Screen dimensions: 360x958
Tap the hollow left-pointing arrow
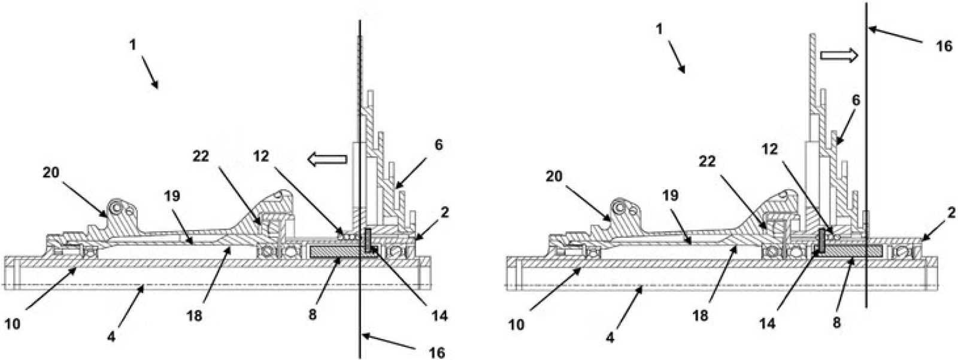tap(327, 159)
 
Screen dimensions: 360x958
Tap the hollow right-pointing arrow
tap(839, 56)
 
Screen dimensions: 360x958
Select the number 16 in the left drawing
tap(437, 353)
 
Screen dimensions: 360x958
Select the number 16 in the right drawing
tap(944, 46)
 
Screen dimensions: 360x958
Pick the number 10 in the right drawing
tap(517, 325)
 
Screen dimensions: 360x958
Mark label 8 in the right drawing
tap(836, 323)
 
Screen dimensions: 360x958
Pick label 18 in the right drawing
tap(701, 316)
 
